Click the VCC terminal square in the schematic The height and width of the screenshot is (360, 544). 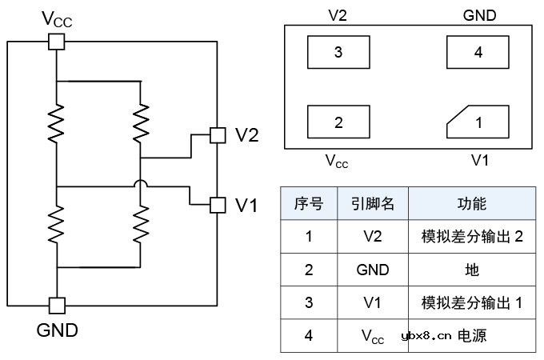[x=57, y=42]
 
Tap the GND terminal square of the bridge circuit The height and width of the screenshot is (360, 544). [x=57, y=305]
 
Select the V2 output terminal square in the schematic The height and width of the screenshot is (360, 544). [x=216, y=135]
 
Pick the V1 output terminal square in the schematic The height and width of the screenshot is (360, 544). [x=216, y=205]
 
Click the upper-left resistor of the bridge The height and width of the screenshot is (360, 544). [x=57, y=124]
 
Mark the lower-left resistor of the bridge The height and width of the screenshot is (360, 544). [x=57, y=223]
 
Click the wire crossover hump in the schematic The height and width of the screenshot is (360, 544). [x=141, y=186]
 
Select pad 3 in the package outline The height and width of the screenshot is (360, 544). [x=338, y=53]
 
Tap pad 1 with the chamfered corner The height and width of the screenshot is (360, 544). [x=478, y=122]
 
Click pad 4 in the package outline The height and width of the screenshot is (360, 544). [x=478, y=53]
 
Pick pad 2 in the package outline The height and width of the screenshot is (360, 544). [x=338, y=122]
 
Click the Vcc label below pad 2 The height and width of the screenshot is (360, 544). [x=337, y=161]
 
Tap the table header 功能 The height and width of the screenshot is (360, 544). [x=472, y=203]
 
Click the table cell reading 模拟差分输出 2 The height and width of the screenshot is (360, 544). [x=472, y=237]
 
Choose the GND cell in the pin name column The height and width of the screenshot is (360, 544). [x=373, y=270]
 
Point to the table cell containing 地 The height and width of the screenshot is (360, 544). [x=472, y=270]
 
